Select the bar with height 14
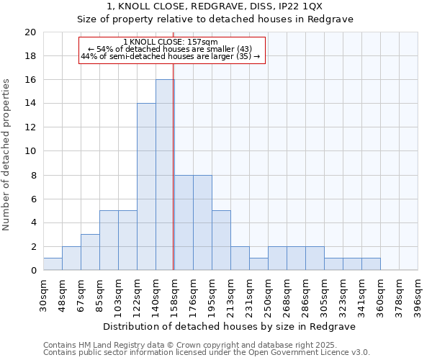(x=146, y=186)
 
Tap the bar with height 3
(x=90, y=252)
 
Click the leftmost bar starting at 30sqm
(x=53, y=264)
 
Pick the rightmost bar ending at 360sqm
(x=371, y=264)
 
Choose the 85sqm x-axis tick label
(x=100, y=295)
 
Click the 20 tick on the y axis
(x=30, y=32)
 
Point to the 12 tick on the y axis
(x=30, y=127)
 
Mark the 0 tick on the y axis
(x=32, y=271)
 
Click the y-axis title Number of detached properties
(x=7, y=156)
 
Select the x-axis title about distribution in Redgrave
(x=230, y=326)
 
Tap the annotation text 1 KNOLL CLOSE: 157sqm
(x=172, y=42)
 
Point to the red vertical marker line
(x=174, y=180)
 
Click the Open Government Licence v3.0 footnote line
(x=207, y=353)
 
